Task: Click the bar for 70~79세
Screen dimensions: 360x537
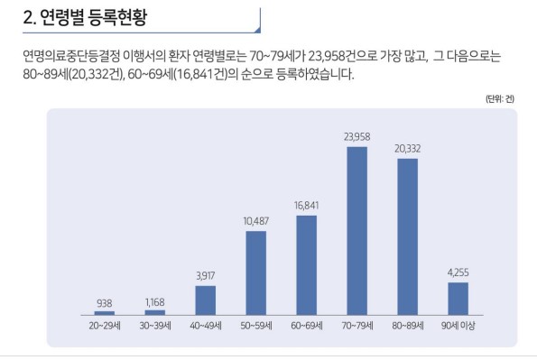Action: [356, 230]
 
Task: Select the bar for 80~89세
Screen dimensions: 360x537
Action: [407, 236]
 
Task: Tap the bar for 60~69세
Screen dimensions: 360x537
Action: [306, 264]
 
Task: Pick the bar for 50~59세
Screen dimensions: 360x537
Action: [256, 272]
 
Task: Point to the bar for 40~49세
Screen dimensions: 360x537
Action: [206, 300]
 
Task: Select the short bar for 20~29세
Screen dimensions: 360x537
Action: [105, 312]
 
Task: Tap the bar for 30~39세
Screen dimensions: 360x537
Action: [155, 312]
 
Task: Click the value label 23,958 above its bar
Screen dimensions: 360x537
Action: [356, 137]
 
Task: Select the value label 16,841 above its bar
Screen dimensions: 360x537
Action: [306, 206]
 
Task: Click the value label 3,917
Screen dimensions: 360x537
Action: [206, 276]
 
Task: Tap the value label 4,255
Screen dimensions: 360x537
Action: [458, 272]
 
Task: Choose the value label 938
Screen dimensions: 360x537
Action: [105, 302]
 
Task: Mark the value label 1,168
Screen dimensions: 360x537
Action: [155, 302]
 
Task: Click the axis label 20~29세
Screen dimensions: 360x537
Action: [105, 325]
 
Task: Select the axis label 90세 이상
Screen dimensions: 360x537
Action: [458, 325]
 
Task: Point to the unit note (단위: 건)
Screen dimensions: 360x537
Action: [501, 98]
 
